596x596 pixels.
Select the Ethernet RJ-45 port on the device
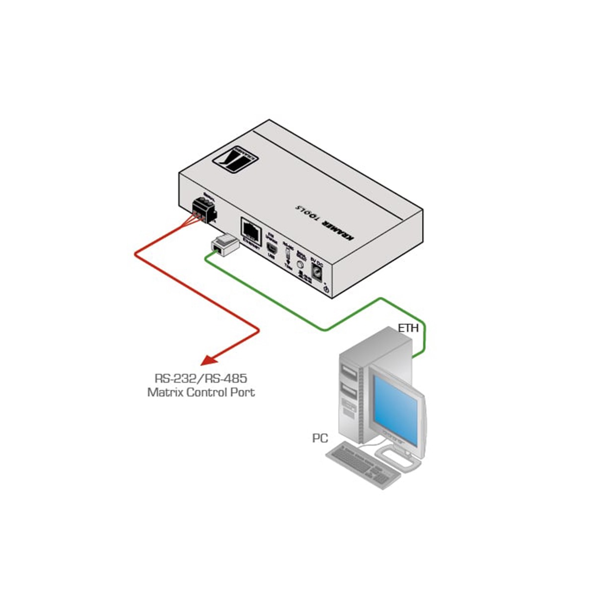point(251,229)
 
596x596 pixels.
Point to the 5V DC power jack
point(317,271)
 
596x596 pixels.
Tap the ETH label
point(408,328)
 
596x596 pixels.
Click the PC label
point(320,438)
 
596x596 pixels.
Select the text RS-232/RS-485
point(201,378)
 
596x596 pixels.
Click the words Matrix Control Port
point(201,392)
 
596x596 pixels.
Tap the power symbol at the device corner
point(326,289)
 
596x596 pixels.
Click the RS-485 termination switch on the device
point(288,255)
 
